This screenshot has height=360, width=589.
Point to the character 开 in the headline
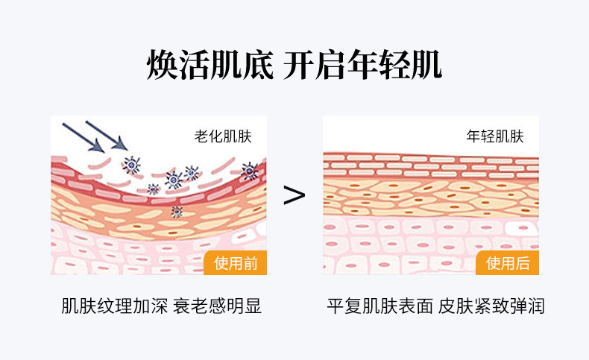point(300,66)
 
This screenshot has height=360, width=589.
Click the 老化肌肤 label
point(223,136)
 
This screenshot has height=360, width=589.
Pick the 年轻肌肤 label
point(495,136)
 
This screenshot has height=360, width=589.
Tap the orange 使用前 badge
point(235,262)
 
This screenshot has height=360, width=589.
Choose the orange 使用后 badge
point(507,262)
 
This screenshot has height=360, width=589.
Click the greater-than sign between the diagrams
point(294,195)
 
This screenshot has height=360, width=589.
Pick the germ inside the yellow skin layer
point(177,212)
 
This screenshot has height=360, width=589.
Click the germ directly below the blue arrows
point(133,165)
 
